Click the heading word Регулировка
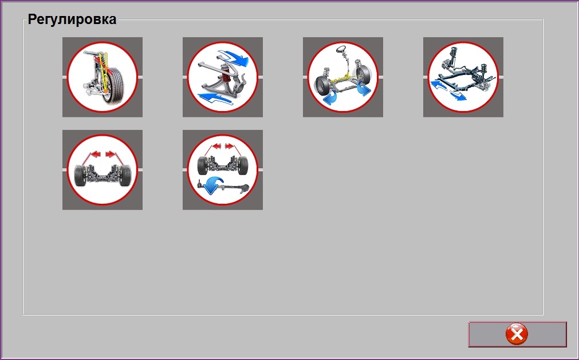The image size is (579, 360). pos(72,19)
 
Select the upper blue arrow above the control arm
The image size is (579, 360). pos(233,58)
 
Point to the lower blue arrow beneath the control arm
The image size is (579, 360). pos(216,99)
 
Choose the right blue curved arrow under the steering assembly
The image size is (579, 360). pos(363,89)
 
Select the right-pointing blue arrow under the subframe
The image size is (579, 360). pos(458,95)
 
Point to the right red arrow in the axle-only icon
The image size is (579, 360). pos(110,154)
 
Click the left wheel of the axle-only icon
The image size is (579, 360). pos(80,175)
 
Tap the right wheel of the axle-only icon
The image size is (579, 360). pos(125,175)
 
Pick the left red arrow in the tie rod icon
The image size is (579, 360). pos(216,147)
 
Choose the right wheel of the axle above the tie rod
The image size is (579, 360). pos(243,165)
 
